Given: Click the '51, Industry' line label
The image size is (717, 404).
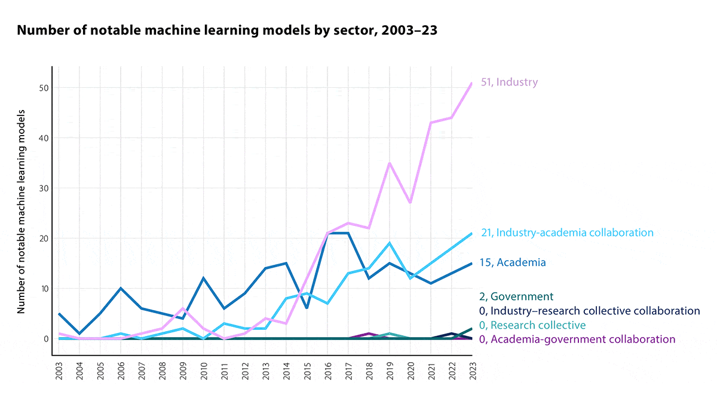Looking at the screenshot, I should pyautogui.click(x=509, y=82).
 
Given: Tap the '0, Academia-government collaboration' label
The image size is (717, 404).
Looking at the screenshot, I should pyautogui.click(x=578, y=339).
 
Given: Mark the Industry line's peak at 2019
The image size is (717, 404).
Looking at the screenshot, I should pyautogui.click(x=389, y=163).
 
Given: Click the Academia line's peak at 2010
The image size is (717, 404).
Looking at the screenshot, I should pyautogui.click(x=203, y=278).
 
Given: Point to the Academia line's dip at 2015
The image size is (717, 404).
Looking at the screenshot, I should pyautogui.click(x=306, y=308).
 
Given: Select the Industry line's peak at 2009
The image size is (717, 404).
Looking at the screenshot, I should pyautogui.click(x=182, y=308).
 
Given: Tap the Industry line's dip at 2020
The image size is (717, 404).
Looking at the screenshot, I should pyautogui.click(x=409, y=203).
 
